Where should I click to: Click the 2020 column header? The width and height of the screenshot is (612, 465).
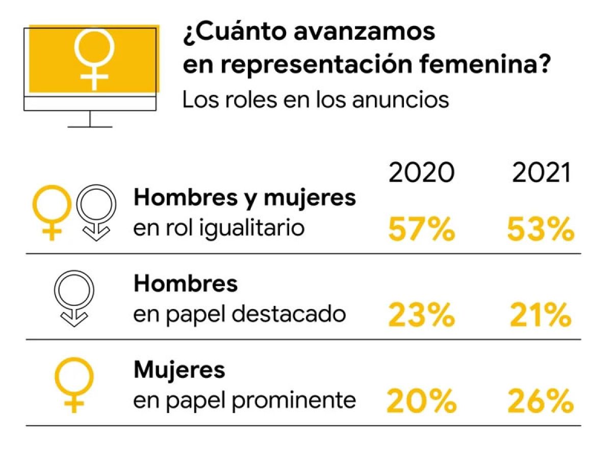[421, 172]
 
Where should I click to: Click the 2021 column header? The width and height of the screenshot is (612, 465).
[541, 172]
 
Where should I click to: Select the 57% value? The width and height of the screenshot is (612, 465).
[421, 229]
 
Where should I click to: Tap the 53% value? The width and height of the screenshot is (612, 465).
[541, 229]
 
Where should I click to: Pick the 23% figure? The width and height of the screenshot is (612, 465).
[421, 315]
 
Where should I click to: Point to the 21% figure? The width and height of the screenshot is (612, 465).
[541, 315]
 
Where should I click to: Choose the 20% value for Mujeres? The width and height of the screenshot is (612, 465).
[421, 401]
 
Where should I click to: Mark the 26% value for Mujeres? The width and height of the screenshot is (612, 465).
[541, 401]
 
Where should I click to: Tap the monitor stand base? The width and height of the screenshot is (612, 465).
[90, 127]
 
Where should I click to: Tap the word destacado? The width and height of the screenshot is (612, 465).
[289, 314]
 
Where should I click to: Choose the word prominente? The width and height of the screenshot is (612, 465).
[294, 401]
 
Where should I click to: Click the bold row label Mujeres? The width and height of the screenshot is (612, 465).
[180, 371]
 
